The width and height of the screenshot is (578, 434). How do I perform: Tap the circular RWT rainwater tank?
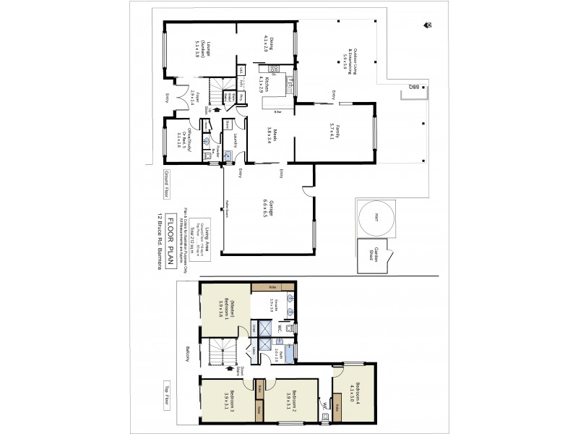click(375, 218)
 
